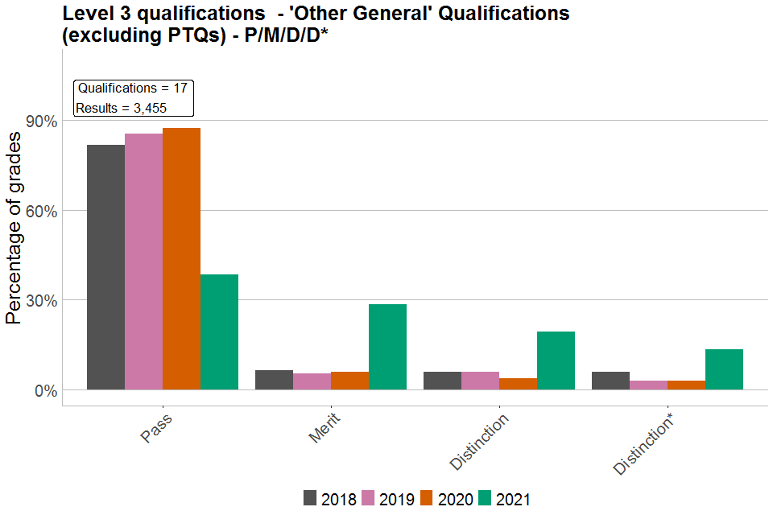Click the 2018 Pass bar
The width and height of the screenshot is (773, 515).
click(x=105, y=267)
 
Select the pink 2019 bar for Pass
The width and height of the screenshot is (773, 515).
click(x=143, y=262)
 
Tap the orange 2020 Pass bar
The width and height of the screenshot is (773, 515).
click(x=181, y=258)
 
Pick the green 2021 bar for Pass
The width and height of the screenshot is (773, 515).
click(x=219, y=332)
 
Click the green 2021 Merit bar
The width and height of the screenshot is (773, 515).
click(x=387, y=347)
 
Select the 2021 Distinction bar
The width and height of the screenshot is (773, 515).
click(x=556, y=360)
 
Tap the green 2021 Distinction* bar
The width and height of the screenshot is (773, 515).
click(x=724, y=369)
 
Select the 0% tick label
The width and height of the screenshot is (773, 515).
click(x=45, y=391)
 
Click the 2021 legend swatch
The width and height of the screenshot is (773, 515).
click(x=486, y=498)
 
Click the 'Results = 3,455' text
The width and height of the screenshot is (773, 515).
click(x=121, y=108)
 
